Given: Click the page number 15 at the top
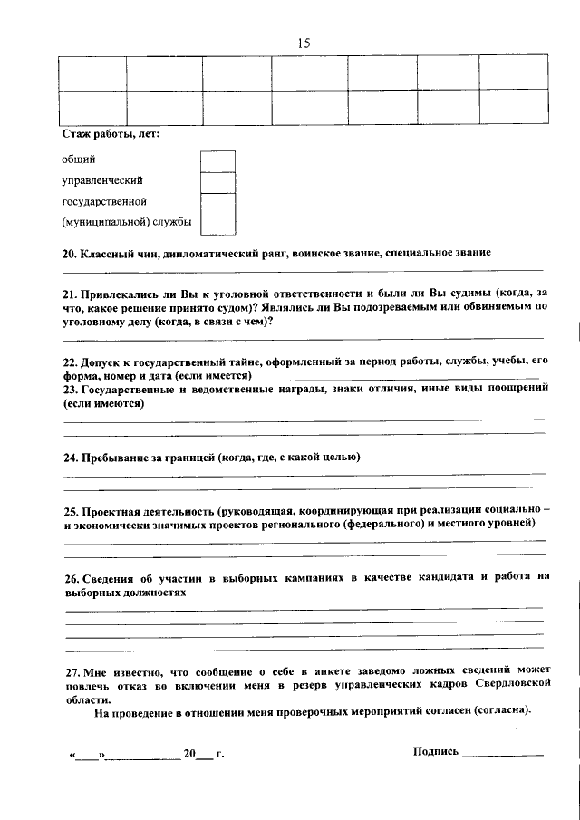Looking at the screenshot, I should pos(303,43).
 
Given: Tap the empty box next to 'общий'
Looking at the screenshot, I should pos(217,160).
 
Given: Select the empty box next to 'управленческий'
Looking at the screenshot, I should pos(217,181).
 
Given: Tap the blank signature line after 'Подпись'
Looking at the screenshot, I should pos(503,753).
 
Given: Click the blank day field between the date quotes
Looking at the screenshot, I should pos(86,754).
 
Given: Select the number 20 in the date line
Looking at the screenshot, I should pos(189,753).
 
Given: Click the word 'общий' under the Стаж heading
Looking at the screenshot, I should pos(78,159).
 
